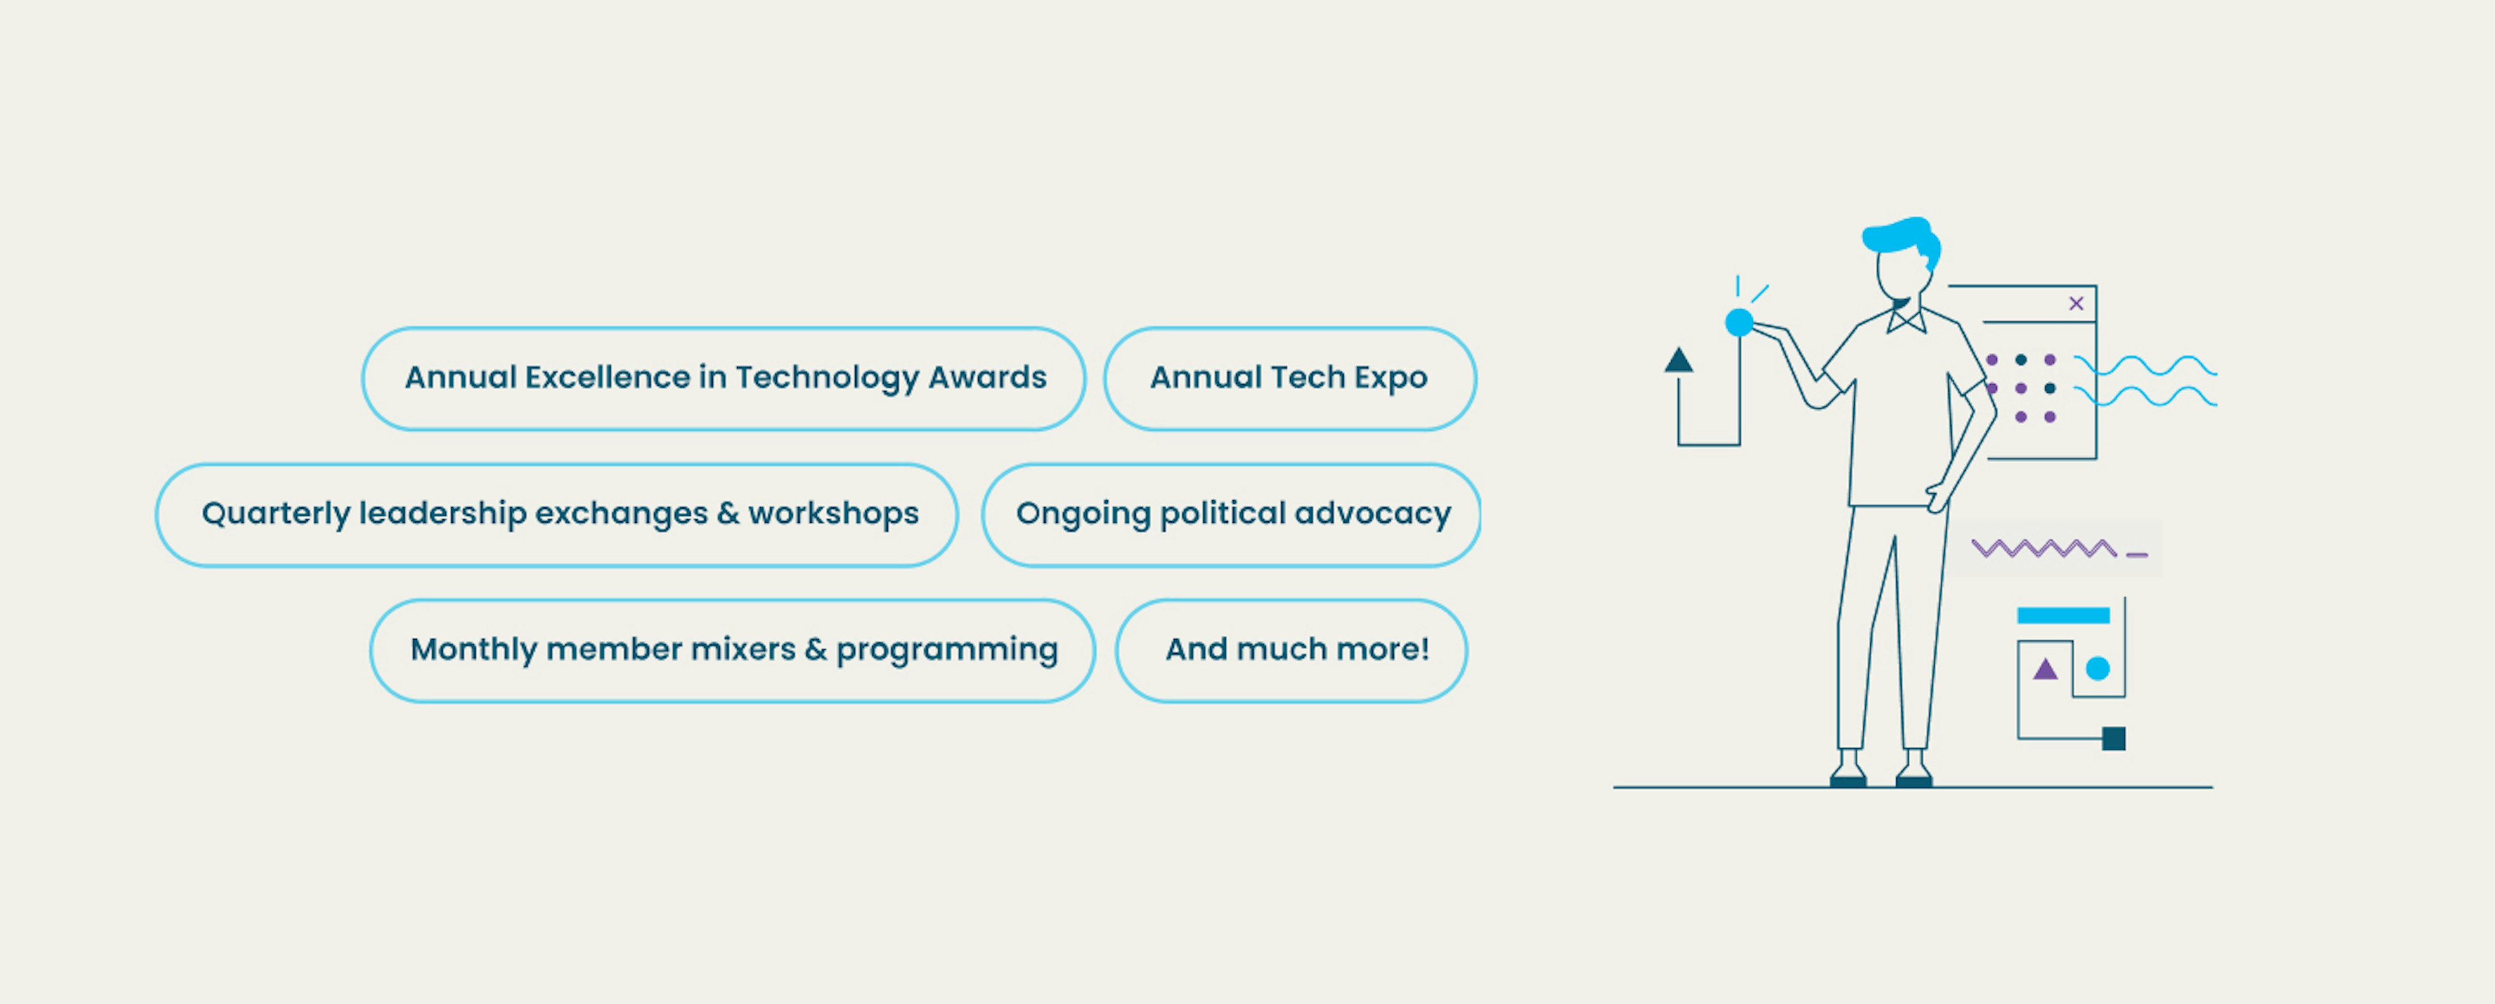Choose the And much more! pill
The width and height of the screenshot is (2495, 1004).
[x=1291, y=650]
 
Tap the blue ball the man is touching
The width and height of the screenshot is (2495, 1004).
[x=1740, y=323]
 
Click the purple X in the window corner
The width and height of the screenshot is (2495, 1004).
[x=2075, y=303]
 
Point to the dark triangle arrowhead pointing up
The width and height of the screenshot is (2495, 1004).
[x=1678, y=360]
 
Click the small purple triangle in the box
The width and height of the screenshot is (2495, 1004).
[x=2045, y=669]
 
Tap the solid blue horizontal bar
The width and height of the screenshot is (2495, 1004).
[x=2063, y=615]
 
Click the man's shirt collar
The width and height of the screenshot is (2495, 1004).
[x=1906, y=320]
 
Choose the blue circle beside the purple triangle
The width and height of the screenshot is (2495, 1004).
[x=2098, y=669]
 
